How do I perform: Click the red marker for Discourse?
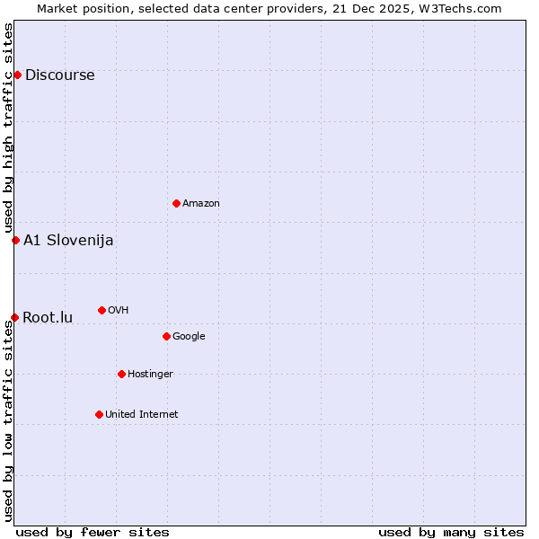tap(17, 75)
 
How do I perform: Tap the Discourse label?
tap(59, 75)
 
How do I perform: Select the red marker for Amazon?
tap(176, 203)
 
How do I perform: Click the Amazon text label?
tap(201, 204)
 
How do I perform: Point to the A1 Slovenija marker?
tap(15, 240)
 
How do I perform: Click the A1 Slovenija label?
tap(68, 241)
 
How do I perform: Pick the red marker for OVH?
tap(102, 310)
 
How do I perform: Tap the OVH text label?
tap(119, 311)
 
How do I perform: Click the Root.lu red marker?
tap(14, 317)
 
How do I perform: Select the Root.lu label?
tap(48, 318)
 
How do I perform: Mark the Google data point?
tap(166, 336)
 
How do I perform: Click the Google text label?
tap(189, 337)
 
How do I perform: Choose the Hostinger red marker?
tap(121, 374)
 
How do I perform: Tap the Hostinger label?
tap(150, 375)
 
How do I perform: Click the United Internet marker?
tap(99, 414)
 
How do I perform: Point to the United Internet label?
tap(142, 415)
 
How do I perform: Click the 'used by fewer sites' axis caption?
tap(93, 533)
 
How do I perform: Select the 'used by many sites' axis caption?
tap(451, 533)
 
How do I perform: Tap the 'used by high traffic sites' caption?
tap(9, 128)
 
